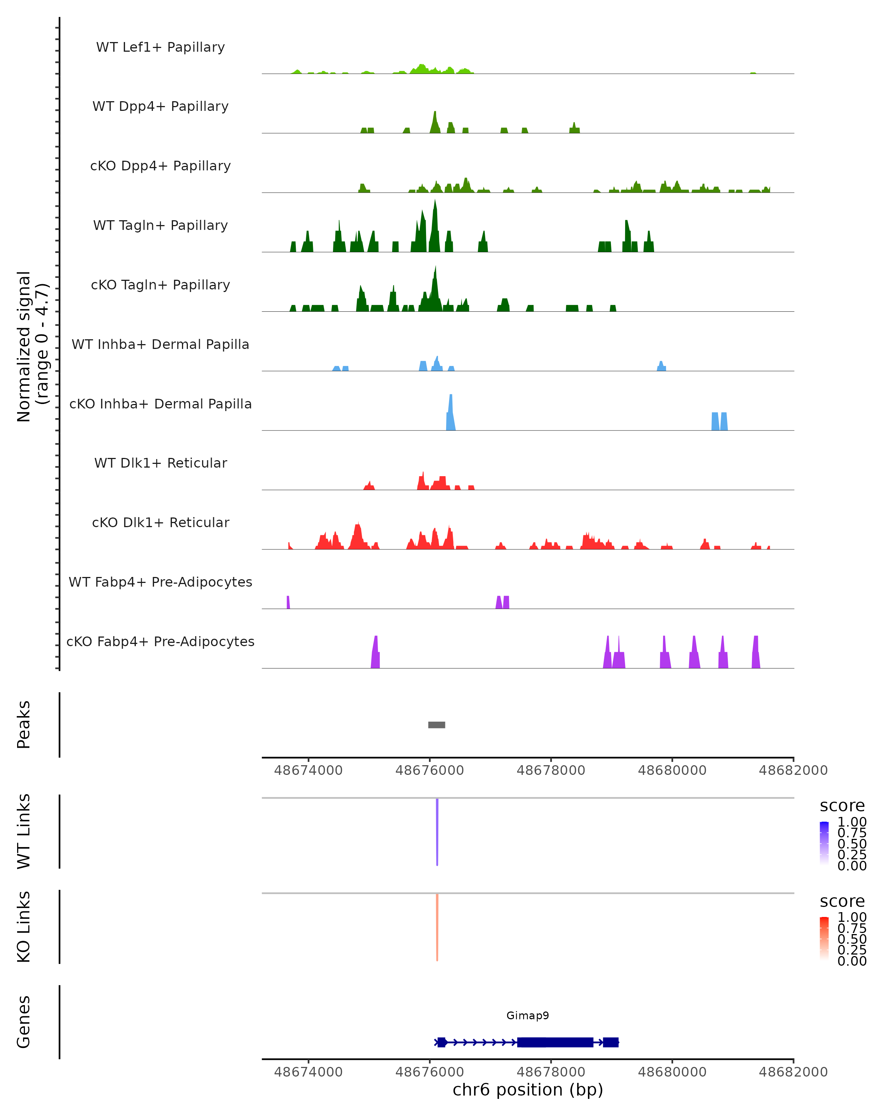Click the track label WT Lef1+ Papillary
click(160, 47)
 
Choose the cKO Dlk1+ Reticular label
click(160, 522)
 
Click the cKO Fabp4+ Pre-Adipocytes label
click(160, 641)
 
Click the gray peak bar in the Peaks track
click(436, 725)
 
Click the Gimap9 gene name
click(528, 1015)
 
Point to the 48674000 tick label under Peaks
click(308, 770)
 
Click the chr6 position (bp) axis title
click(528, 1090)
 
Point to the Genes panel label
click(24, 1022)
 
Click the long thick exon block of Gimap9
click(555, 1042)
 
